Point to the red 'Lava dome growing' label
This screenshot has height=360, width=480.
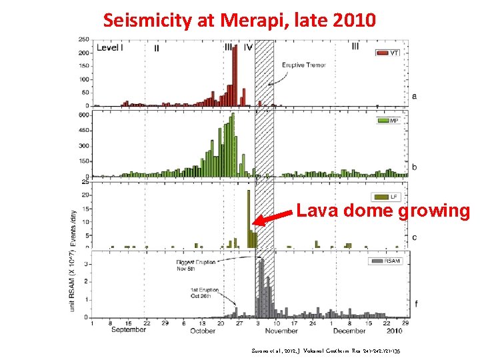point(383,211)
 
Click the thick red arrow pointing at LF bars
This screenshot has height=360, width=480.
point(273,218)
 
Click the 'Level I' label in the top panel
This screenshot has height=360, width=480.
point(108,48)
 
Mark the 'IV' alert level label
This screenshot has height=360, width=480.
point(248,48)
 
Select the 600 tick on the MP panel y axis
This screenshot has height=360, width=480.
point(84,115)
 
